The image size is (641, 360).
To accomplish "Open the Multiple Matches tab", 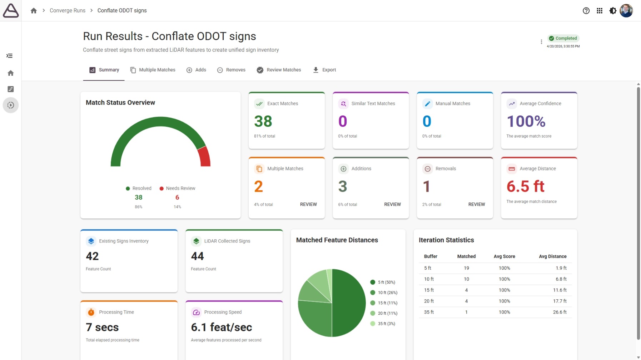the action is (153, 70).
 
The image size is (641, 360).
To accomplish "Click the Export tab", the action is (324, 70).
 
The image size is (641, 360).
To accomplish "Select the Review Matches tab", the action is (279, 70).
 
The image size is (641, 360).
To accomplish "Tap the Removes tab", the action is (231, 70).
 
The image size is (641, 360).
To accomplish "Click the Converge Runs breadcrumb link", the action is (68, 11).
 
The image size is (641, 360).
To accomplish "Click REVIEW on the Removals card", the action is (477, 204).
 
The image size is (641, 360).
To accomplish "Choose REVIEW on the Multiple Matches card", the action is (308, 204).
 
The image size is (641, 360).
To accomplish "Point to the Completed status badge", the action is (563, 38).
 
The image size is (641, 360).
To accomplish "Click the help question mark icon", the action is (586, 11).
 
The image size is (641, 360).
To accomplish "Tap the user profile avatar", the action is (626, 11).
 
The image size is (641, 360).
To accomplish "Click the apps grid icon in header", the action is (600, 11).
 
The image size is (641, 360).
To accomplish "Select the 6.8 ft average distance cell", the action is (561, 279).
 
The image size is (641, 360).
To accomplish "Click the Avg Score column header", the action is (504, 256).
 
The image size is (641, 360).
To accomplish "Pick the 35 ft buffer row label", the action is (429, 312).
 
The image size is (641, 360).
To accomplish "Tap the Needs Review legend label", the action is (180, 188).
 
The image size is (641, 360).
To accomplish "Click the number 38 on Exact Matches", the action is (263, 121).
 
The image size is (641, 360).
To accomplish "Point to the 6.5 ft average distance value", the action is (525, 186).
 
